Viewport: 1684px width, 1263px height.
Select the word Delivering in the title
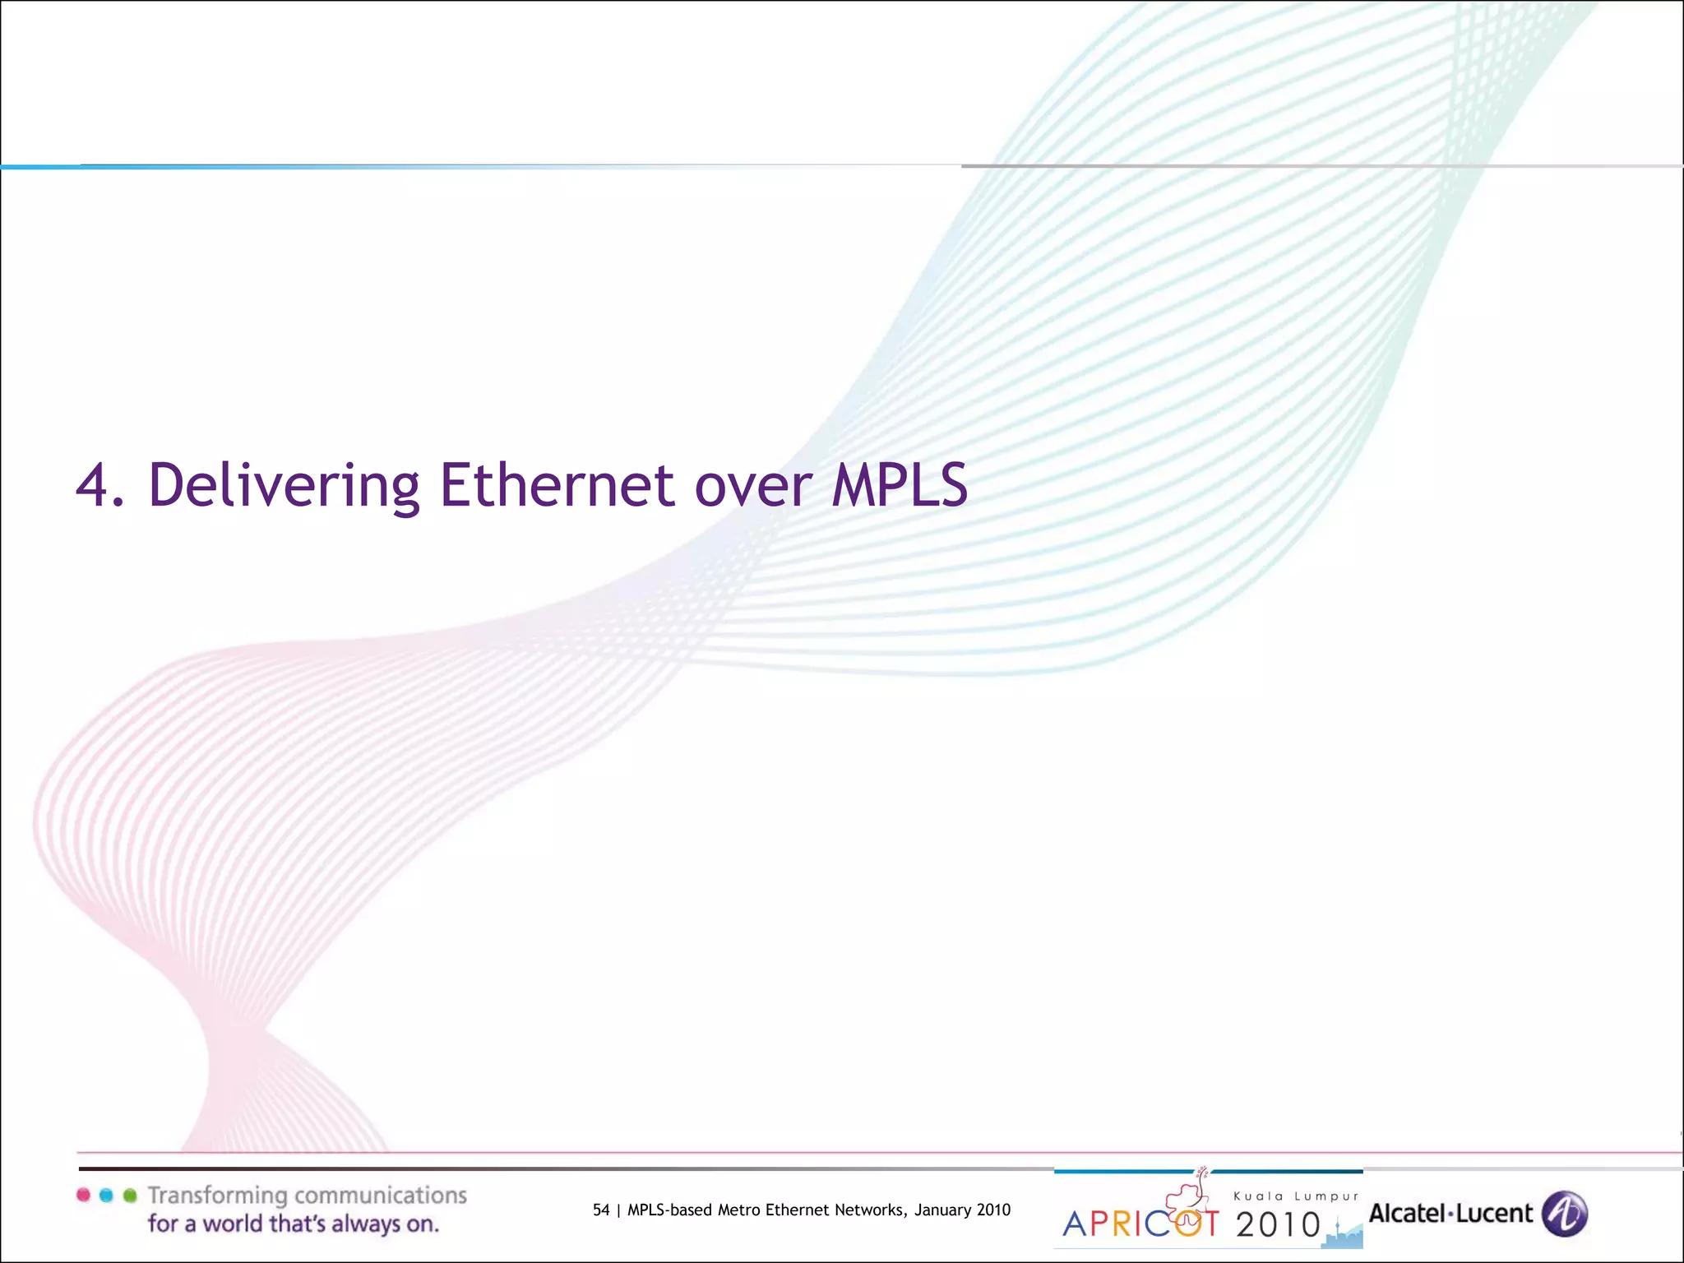284,485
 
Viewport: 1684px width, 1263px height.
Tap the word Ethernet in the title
557,485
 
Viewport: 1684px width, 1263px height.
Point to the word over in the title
753,487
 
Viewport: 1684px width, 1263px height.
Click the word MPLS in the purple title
899,485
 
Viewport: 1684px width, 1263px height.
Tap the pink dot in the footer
83,1196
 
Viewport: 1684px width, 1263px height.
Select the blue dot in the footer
106,1196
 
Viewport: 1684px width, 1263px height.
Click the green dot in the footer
129,1196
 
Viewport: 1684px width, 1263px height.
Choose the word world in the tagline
238,1224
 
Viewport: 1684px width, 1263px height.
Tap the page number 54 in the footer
601,1210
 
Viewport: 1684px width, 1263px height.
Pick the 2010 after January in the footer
993,1210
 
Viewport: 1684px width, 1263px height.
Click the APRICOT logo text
1140,1224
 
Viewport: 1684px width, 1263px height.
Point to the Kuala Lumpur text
1296,1196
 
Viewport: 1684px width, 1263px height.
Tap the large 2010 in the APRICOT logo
1278,1225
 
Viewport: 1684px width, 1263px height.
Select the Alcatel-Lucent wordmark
1450,1213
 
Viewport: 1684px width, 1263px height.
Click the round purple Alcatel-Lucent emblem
1565,1214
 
